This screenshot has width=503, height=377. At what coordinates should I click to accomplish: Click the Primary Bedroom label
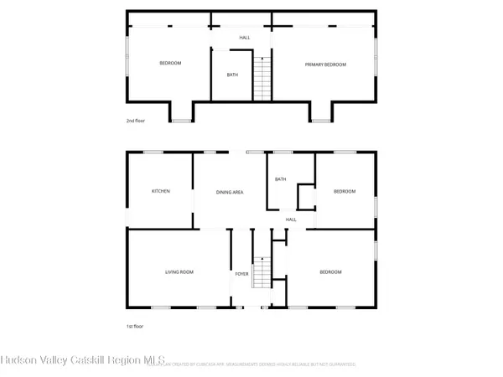325,65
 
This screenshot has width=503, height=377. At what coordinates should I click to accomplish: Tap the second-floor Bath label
232,75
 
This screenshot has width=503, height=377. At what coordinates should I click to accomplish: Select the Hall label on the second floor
245,38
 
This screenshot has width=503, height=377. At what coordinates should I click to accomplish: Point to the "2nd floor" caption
136,121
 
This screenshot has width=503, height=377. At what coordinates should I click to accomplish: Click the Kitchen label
160,191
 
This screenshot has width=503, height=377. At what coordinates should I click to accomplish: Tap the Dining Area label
230,193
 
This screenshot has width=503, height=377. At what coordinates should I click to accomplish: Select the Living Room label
179,272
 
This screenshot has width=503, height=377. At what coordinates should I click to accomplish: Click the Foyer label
241,273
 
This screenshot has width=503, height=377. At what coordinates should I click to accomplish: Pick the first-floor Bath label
281,179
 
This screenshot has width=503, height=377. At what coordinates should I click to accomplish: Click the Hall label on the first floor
292,219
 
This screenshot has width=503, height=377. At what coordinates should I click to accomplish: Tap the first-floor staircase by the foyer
262,272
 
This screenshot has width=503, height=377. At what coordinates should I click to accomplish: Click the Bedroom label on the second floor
171,64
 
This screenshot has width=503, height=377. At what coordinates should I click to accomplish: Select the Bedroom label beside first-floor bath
345,191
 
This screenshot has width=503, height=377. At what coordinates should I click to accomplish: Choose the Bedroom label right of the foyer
330,272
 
